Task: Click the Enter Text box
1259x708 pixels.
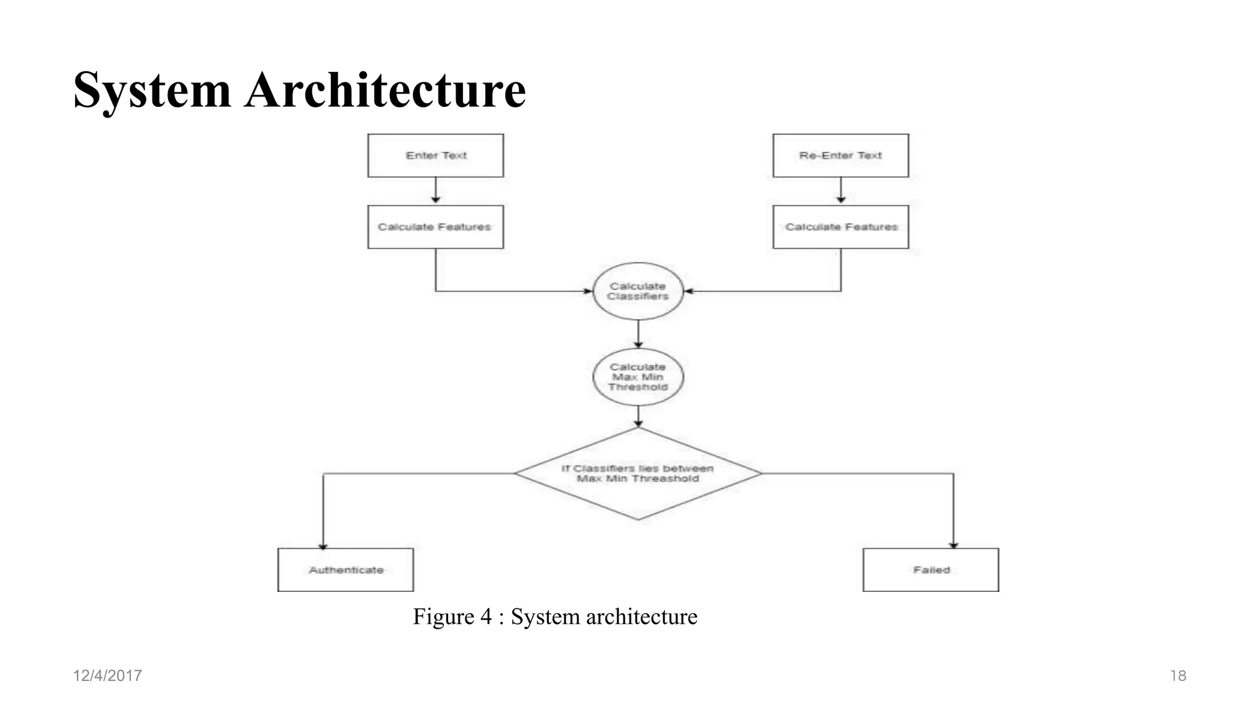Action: point(435,155)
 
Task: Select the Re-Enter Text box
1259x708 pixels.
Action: point(840,155)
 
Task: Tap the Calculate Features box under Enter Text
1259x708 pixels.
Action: point(435,227)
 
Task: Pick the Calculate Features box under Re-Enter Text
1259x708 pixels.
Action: point(840,227)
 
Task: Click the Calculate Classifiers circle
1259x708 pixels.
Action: point(638,291)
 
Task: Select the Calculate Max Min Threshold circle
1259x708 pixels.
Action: point(638,377)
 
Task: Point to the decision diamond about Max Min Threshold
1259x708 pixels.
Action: point(638,474)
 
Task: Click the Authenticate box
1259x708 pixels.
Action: point(345,570)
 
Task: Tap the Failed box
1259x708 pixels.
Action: point(931,570)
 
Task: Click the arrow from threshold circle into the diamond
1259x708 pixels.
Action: point(638,416)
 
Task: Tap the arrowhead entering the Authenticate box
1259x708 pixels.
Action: point(323,546)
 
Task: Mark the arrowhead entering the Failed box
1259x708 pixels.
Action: point(953,545)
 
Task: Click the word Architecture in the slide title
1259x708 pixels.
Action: point(385,90)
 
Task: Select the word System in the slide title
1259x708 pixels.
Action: point(152,90)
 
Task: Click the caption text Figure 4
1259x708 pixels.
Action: point(452,616)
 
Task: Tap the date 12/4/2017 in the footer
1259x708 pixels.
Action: point(108,675)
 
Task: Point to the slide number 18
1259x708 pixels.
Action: point(1178,675)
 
